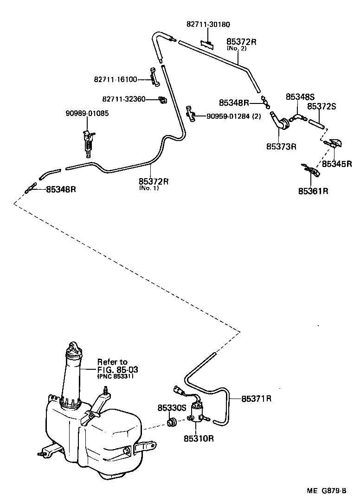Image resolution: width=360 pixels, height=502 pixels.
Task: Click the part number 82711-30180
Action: [208, 25]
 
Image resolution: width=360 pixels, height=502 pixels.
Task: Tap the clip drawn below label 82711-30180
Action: [207, 44]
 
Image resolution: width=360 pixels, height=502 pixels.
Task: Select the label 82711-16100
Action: [116, 79]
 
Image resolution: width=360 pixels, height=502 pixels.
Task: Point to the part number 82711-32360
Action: [123, 99]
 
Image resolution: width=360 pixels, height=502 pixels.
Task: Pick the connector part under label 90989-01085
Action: [88, 140]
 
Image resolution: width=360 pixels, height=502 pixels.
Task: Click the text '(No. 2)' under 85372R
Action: [236, 48]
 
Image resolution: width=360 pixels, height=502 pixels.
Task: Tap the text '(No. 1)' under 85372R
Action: [148, 188]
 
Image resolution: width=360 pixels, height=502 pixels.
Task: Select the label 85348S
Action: [300, 97]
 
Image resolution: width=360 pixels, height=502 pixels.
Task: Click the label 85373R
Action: [281, 147]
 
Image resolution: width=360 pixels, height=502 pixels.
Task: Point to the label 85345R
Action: [337, 164]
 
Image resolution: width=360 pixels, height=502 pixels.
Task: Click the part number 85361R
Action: [313, 191]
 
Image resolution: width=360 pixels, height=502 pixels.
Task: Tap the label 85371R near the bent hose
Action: [257, 398]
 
